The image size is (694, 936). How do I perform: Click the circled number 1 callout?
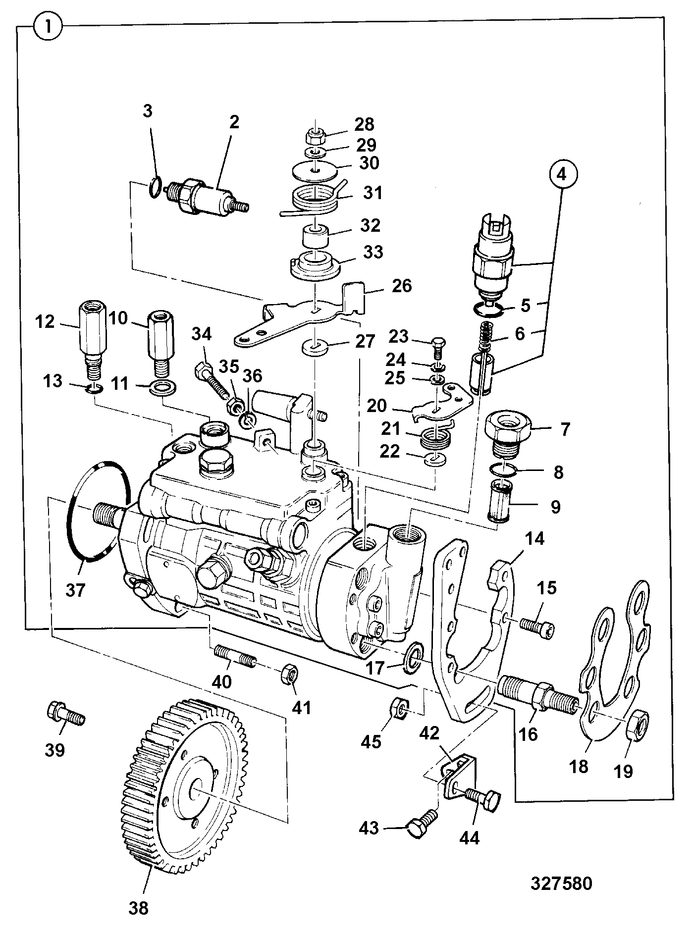[48, 26]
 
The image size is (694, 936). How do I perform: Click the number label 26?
[401, 286]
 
